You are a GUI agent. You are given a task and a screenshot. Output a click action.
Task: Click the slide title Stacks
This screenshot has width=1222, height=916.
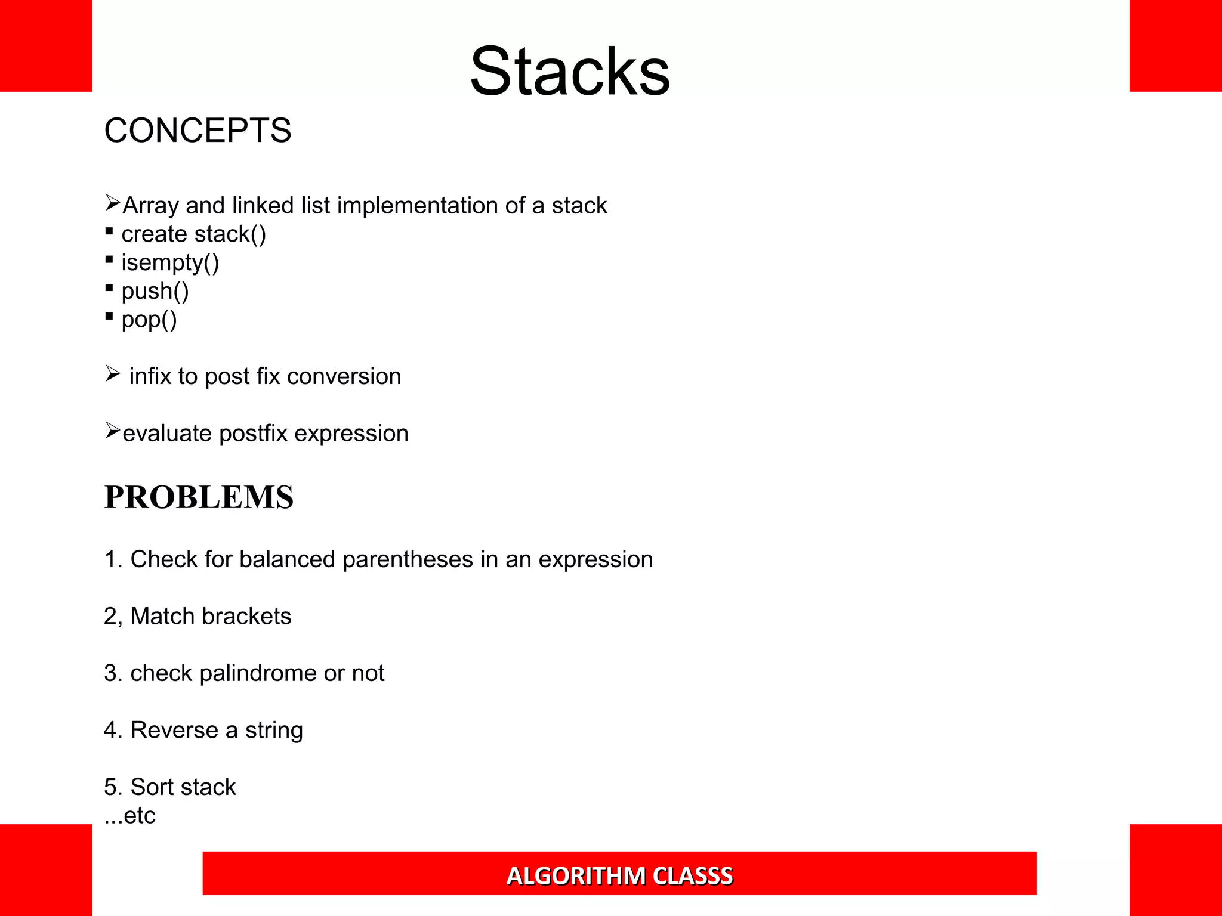[570, 72]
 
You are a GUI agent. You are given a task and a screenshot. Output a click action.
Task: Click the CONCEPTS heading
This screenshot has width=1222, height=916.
[198, 131]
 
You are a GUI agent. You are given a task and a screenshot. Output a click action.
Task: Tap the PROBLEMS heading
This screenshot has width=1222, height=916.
[199, 497]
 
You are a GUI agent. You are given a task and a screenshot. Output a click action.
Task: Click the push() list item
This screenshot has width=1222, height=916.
[155, 292]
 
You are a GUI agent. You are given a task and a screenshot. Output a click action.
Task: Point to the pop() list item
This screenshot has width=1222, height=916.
[149, 320]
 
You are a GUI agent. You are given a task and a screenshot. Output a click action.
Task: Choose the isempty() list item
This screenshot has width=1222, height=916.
[170, 263]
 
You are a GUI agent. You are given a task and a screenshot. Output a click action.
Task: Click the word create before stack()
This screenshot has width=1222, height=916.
[154, 234]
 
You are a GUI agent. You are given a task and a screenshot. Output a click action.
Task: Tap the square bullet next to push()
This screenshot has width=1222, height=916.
[109, 287]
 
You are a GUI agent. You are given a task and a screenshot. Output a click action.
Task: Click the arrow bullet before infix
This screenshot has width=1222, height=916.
[113, 374]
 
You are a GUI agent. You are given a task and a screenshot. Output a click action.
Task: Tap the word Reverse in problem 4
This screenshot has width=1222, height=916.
[174, 730]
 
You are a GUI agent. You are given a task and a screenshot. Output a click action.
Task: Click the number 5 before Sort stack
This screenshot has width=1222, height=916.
[110, 787]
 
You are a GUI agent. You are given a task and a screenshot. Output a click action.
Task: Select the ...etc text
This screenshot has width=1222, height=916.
[130, 816]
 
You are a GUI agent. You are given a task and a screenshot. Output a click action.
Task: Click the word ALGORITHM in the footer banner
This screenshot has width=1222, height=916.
[576, 876]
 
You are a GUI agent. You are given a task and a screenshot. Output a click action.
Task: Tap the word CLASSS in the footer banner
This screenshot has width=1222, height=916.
[693, 876]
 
